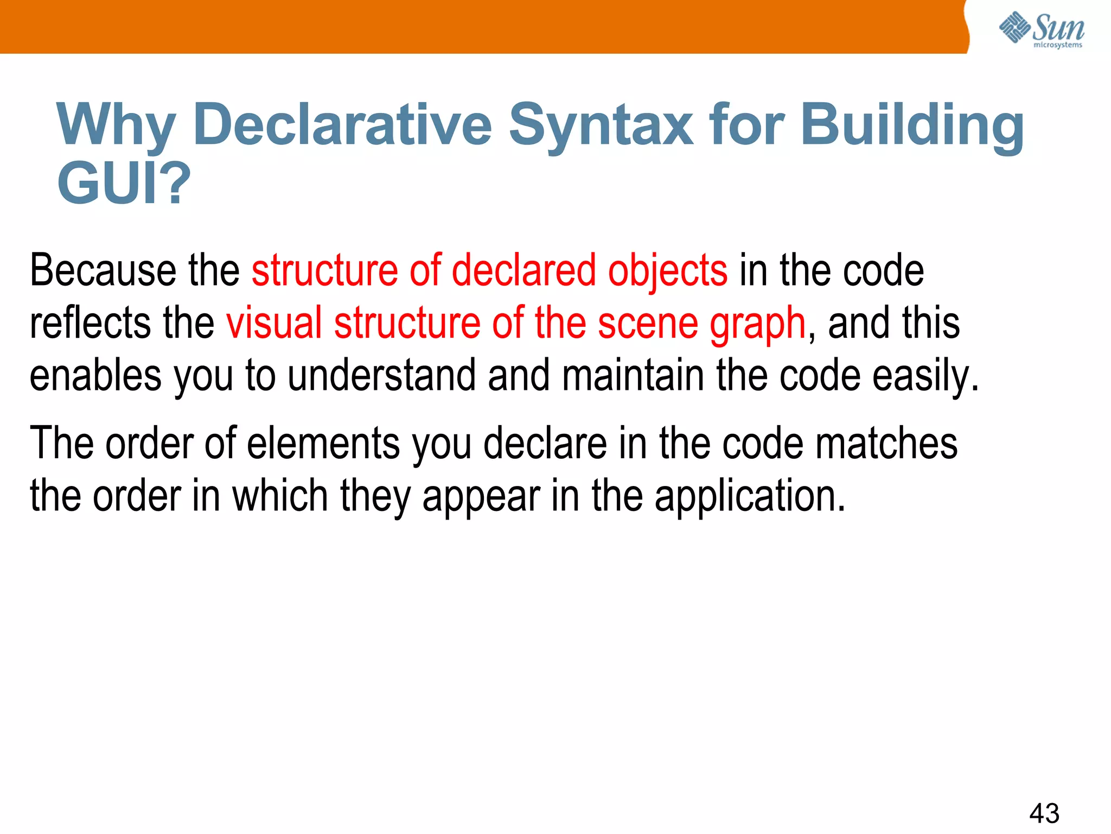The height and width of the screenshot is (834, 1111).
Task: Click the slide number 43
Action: point(1044,813)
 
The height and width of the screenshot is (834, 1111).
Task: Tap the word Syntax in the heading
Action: point(601,126)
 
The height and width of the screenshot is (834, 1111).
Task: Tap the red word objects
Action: point(667,271)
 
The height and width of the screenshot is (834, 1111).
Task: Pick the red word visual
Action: point(274,323)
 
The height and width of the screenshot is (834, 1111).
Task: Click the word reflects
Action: point(90,323)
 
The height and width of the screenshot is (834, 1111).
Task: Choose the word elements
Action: point(323,443)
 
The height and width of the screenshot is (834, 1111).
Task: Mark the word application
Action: point(750,497)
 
